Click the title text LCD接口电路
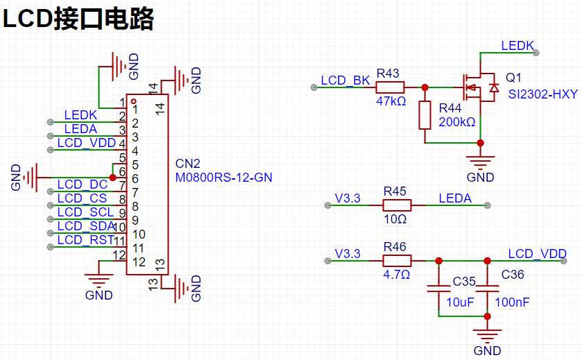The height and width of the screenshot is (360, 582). (78, 19)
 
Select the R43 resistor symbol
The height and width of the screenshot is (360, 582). (390, 87)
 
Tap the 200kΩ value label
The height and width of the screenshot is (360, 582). (457, 121)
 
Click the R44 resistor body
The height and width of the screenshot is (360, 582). (425, 115)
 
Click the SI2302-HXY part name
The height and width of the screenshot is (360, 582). (543, 94)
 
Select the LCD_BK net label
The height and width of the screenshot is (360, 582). (345, 80)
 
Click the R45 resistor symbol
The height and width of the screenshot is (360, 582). (397, 205)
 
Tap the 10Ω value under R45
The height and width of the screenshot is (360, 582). (395, 219)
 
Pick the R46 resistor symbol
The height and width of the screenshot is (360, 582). (397, 261)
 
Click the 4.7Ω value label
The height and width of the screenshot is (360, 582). (396, 275)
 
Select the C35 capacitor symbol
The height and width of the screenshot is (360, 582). (438, 289)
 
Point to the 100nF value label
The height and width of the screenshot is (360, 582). (512, 302)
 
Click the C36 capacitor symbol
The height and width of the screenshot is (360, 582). (488, 289)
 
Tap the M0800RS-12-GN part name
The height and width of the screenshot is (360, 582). (224, 178)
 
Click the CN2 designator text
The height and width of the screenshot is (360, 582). (187, 164)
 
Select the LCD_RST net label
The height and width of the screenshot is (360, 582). (86, 240)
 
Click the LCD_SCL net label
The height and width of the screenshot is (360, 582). (85, 212)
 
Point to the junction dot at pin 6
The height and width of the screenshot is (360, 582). (113, 178)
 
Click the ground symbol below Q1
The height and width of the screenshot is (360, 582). (480, 162)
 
